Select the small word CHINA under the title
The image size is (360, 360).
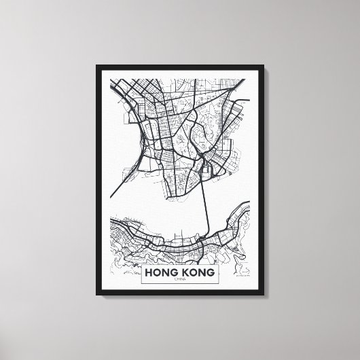(x=180, y=278)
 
